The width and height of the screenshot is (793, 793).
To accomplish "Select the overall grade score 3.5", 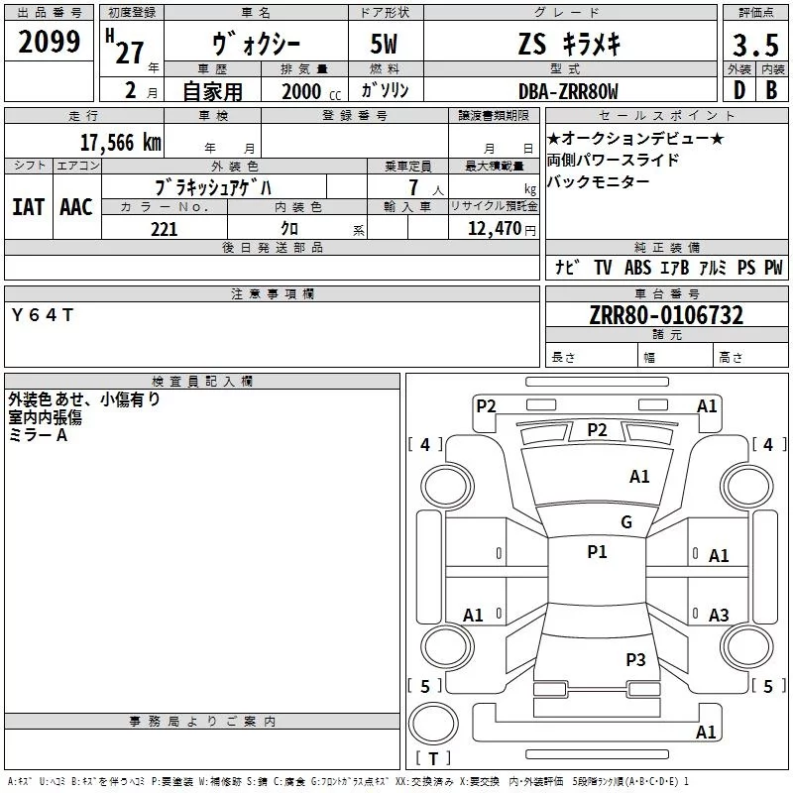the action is [x=754, y=46].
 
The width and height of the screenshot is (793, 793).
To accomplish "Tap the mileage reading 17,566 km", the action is [x=120, y=142].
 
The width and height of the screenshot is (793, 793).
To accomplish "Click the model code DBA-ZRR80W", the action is [x=568, y=91].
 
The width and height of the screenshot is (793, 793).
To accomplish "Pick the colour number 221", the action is [x=164, y=229].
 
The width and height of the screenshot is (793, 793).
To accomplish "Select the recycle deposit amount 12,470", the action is [x=492, y=229].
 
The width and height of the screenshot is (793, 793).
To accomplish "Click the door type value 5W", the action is [x=386, y=47].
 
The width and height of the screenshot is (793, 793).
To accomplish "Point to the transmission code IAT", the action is [x=28, y=206].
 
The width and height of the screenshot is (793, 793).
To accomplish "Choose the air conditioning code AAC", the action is [x=75, y=206].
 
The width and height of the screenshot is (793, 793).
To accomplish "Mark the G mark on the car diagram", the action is [x=626, y=522].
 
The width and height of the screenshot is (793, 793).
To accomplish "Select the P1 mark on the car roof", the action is [x=597, y=552].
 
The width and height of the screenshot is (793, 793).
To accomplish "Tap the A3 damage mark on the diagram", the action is [x=719, y=616].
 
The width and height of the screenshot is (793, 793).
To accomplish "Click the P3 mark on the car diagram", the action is [x=635, y=659].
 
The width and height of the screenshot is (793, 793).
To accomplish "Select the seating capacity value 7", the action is [x=411, y=187].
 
